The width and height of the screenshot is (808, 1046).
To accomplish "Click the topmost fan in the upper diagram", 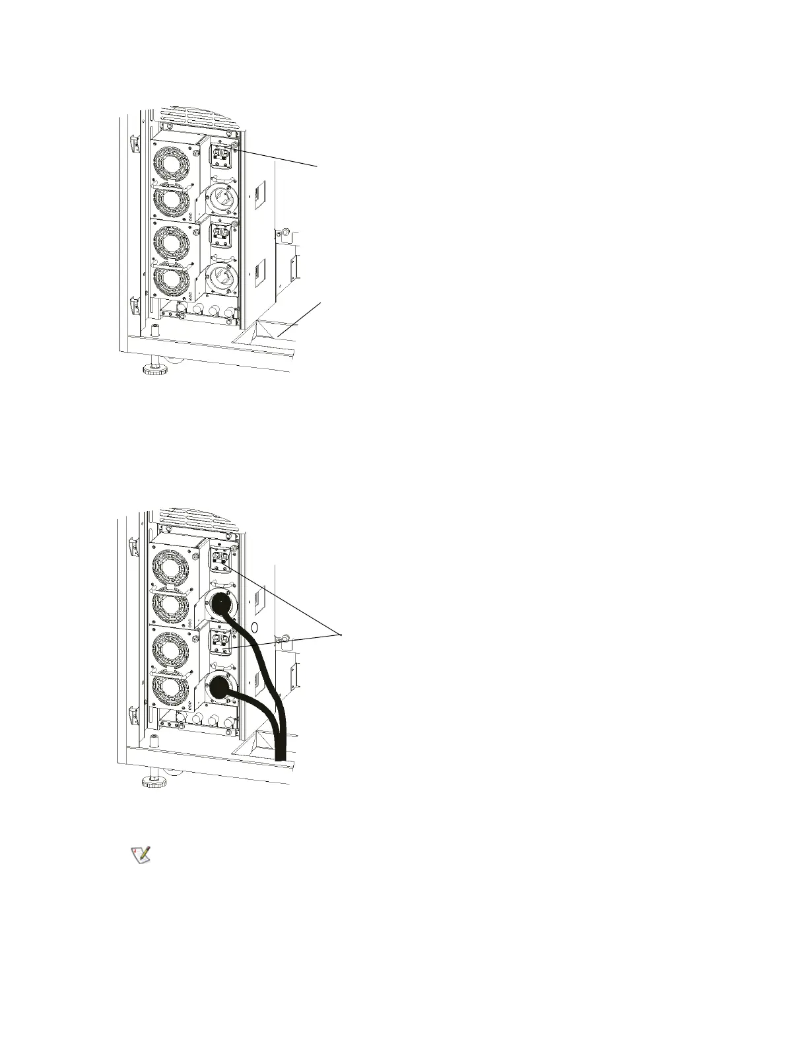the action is tap(172, 160).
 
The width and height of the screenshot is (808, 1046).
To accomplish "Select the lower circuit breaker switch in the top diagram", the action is tap(220, 234).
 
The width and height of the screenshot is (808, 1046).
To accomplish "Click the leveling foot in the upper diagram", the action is tap(156, 366).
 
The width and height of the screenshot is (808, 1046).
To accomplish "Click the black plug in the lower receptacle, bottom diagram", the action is tap(220, 689).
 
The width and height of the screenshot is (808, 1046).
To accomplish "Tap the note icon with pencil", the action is tap(140, 854).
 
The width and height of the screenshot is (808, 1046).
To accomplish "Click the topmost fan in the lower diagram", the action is tap(172, 564).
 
